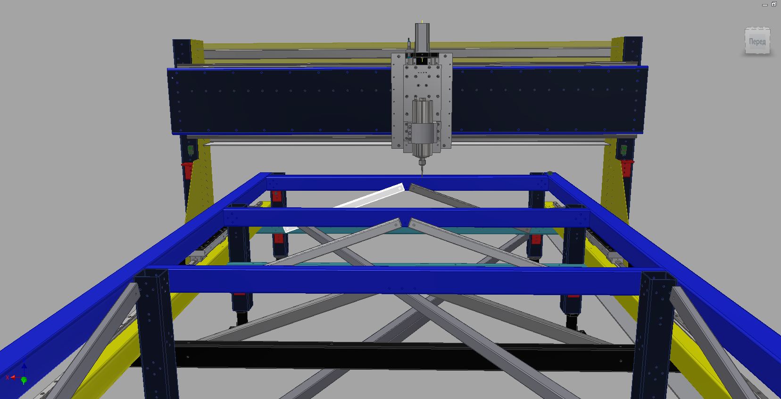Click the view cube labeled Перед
(x=757, y=41)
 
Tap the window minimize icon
(x=764, y=5)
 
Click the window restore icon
(x=773, y=4)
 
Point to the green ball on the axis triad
(x=24, y=380)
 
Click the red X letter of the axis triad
(x=8, y=378)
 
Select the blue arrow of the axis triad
(x=24, y=369)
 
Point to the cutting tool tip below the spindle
(x=422, y=176)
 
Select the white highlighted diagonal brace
(x=344, y=208)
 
